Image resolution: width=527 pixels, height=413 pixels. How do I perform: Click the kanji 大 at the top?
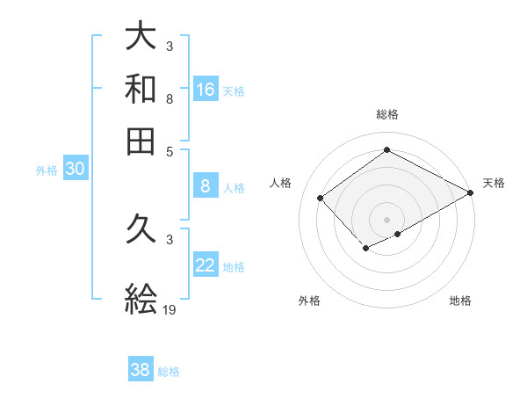(141, 36)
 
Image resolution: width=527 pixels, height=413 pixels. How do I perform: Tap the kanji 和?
(141, 89)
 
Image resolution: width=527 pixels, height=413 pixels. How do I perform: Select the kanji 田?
(141, 141)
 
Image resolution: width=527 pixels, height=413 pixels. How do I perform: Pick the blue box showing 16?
(206, 89)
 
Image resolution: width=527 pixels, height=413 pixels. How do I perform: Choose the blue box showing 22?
(206, 265)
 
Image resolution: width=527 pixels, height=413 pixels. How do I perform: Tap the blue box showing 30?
(75, 170)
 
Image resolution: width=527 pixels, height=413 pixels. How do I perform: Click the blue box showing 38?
(141, 370)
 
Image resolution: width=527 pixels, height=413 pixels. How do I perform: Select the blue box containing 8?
(206, 185)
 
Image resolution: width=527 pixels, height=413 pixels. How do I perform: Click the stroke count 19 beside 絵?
(170, 309)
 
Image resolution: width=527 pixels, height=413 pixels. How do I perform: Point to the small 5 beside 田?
(170, 150)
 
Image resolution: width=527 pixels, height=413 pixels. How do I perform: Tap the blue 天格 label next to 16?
(234, 91)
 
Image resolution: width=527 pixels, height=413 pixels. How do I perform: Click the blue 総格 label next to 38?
(169, 372)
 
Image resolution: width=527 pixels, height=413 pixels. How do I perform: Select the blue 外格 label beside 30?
(47, 171)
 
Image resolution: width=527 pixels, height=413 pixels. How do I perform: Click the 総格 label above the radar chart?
(386, 114)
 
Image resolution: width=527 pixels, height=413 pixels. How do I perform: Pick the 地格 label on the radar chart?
(460, 301)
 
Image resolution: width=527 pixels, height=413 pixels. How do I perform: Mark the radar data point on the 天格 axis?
(470, 193)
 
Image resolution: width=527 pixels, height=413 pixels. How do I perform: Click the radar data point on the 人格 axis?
(321, 199)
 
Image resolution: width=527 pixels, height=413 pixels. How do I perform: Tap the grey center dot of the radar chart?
(386, 220)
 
